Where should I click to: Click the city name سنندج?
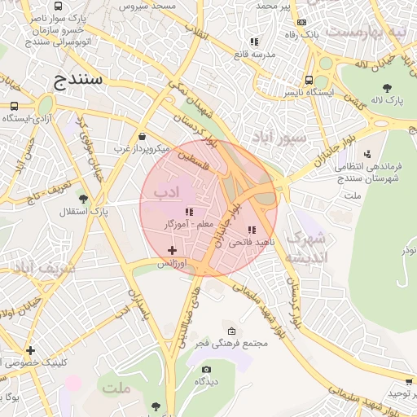click(x=78, y=80)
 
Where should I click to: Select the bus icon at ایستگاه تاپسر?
click(x=309, y=80)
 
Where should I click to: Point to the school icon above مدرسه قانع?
click(x=254, y=42)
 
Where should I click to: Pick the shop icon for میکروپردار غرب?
click(x=143, y=137)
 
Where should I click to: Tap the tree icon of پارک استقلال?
click(x=83, y=198)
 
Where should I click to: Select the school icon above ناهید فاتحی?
click(x=252, y=230)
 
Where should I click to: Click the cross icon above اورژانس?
click(x=171, y=250)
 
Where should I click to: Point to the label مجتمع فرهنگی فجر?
click(x=233, y=344)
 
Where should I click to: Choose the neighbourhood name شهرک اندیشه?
click(x=310, y=248)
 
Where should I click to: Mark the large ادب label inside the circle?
click(x=166, y=193)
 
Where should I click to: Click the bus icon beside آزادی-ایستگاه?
click(x=15, y=106)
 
